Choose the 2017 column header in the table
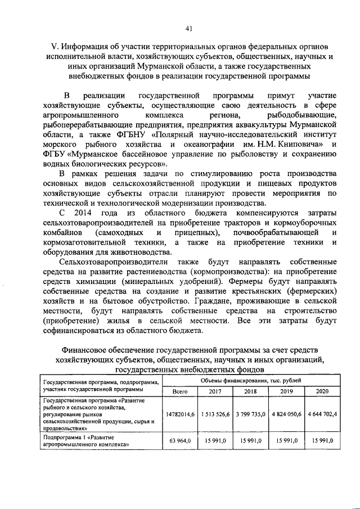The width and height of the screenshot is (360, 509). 215,391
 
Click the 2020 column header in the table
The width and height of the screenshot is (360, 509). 322,391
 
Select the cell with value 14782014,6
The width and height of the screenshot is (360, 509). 179,414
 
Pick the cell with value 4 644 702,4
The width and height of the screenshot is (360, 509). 322,414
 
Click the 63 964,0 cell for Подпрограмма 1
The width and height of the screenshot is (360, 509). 179,441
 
